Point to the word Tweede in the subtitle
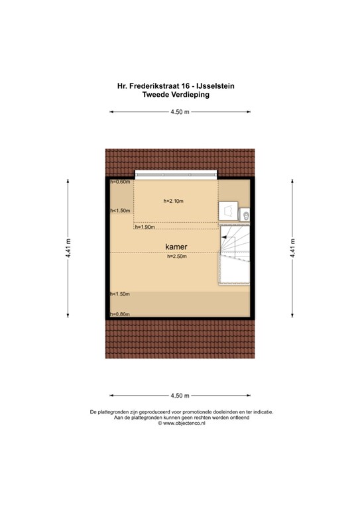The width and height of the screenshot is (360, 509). (157, 95)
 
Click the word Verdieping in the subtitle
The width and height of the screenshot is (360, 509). (192, 95)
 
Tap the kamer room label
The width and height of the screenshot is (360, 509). (176, 247)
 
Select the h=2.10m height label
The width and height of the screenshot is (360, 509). (174, 201)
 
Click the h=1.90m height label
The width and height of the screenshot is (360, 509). (145, 227)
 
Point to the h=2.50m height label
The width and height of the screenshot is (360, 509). (177, 257)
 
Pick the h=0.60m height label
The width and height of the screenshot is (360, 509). (120, 182)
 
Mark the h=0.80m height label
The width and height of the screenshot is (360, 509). (120, 314)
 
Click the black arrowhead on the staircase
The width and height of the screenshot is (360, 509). (224, 235)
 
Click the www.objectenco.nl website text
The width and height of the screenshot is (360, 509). (182, 424)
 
